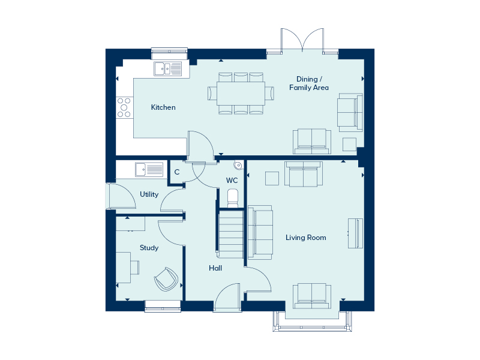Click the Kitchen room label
(x=163, y=107)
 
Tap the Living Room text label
(x=306, y=238)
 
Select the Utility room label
(x=149, y=194)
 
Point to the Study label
(x=149, y=248)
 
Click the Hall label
(x=215, y=268)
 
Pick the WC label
(x=232, y=181)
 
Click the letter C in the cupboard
(x=177, y=172)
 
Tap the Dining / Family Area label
(x=309, y=83)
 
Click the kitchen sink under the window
(x=168, y=68)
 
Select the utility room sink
(x=149, y=170)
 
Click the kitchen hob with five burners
(x=124, y=107)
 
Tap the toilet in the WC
(x=233, y=199)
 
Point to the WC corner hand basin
(x=238, y=166)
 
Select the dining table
(x=241, y=94)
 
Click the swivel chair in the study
(x=166, y=279)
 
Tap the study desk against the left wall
(x=124, y=268)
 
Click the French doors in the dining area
(x=302, y=41)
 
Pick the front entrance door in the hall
(x=227, y=297)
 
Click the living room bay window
(x=312, y=322)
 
